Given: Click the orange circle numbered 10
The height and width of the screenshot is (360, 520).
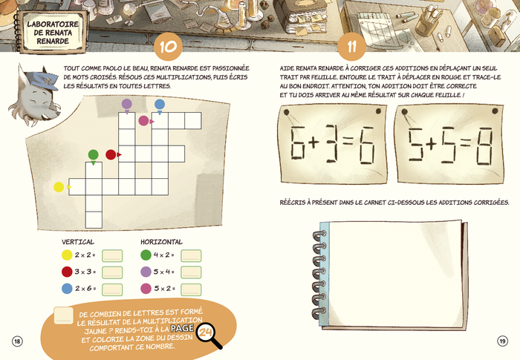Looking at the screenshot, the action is click(x=168, y=47).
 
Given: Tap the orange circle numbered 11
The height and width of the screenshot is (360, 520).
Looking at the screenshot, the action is click(x=351, y=47).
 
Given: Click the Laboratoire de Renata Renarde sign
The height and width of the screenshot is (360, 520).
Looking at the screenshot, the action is click(x=53, y=32).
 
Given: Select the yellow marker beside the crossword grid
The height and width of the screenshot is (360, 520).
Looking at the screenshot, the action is click(x=59, y=187).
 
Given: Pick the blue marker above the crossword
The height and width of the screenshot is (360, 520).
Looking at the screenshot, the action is click(x=160, y=105).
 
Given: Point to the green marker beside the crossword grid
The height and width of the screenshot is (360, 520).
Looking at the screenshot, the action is click(x=93, y=155).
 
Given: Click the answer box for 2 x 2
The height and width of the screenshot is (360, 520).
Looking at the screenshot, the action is click(x=112, y=256).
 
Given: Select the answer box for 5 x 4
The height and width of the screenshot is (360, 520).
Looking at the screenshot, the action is click(x=191, y=272).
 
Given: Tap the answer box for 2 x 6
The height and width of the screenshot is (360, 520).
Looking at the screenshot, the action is click(x=112, y=289).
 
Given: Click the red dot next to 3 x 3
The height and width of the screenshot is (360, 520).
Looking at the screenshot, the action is click(x=67, y=272).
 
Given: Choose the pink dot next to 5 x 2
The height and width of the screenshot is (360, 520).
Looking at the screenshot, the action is click(x=146, y=289).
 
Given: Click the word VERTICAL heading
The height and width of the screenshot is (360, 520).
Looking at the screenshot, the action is click(x=78, y=242).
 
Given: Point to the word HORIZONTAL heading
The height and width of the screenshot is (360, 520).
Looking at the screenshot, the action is click(x=161, y=242).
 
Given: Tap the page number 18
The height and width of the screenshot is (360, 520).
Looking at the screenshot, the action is click(x=17, y=341).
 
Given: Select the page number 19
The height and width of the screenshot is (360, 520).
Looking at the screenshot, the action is click(x=502, y=341).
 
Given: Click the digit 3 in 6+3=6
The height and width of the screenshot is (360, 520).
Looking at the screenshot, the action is click(x=331, y=143).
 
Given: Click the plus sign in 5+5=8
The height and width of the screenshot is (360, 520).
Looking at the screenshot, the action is click(x=431, y=145).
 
